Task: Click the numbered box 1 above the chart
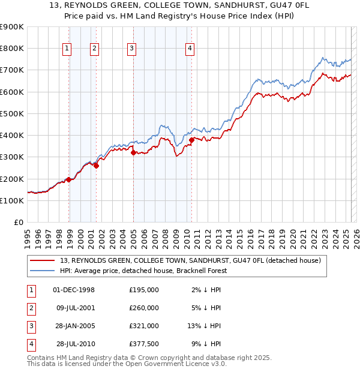tap(67, 49)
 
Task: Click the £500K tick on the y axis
tap(11, 113)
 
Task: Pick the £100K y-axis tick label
tap(11, 200)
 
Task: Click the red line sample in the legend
tap(43, 260)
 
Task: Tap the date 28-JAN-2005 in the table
tap(74, 327)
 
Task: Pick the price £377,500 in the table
tap(144, 344)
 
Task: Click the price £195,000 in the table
tap(144, 290)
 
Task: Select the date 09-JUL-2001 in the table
tap(74, 308)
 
